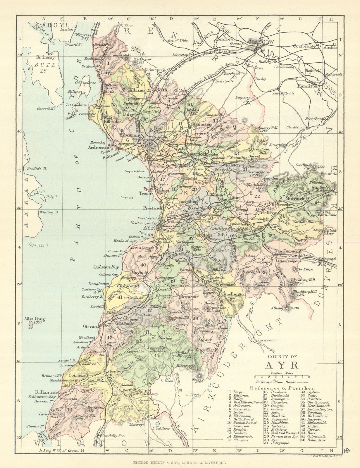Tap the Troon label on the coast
pos(145,193)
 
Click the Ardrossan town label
pos(98,147)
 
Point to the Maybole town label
pos(137,272)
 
